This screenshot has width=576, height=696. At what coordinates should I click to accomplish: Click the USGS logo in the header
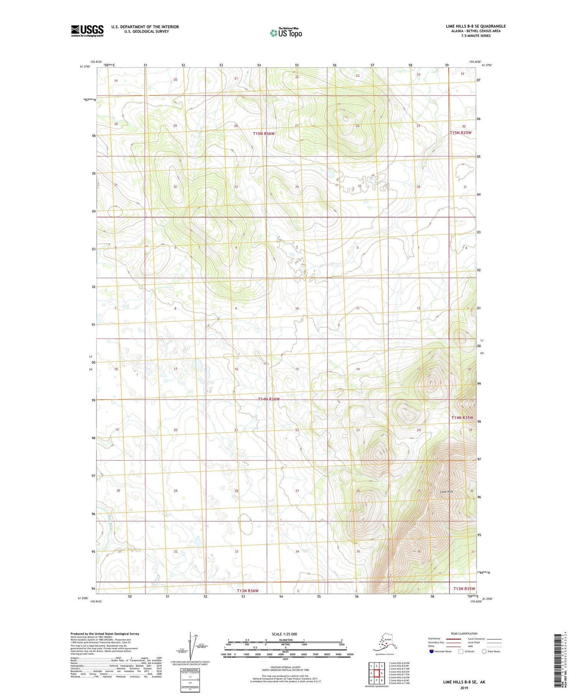tap(87, 30)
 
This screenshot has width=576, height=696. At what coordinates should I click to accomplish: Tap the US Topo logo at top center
tap(286, 33)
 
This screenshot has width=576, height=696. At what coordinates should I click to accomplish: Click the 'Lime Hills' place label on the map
tap(447, 491)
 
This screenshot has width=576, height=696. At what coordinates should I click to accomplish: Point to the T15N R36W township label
tap(264, 133)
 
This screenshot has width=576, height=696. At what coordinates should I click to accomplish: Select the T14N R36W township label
tap(268, 399)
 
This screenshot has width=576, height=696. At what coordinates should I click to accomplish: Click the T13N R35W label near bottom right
tap(464, 589)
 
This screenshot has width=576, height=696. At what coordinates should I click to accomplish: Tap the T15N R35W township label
tap(460, 132)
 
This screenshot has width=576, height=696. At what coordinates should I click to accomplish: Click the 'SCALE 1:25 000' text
tap(284, 634)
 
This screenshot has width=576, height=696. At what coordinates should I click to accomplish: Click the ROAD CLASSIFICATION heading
tap(464, 633)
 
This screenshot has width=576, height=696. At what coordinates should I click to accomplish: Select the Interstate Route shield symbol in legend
tap(431, 651)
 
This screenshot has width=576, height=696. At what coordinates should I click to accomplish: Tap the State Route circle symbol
tap(484, 651)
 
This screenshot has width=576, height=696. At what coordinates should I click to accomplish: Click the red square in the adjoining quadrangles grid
tap(377, 673)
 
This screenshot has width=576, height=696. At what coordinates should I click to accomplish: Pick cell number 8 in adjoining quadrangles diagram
tap(382, 681)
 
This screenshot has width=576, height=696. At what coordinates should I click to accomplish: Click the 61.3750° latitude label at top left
tap(85, 66)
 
